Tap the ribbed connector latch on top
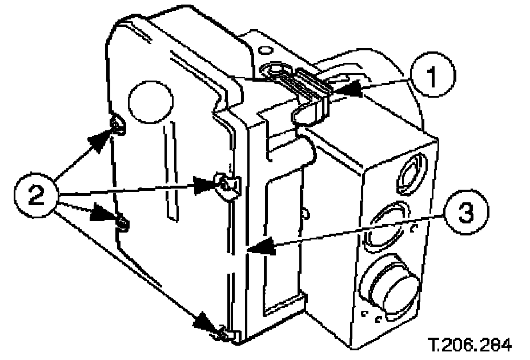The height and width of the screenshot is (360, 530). pos(312,85)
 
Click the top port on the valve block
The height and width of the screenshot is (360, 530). pos(411,172)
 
